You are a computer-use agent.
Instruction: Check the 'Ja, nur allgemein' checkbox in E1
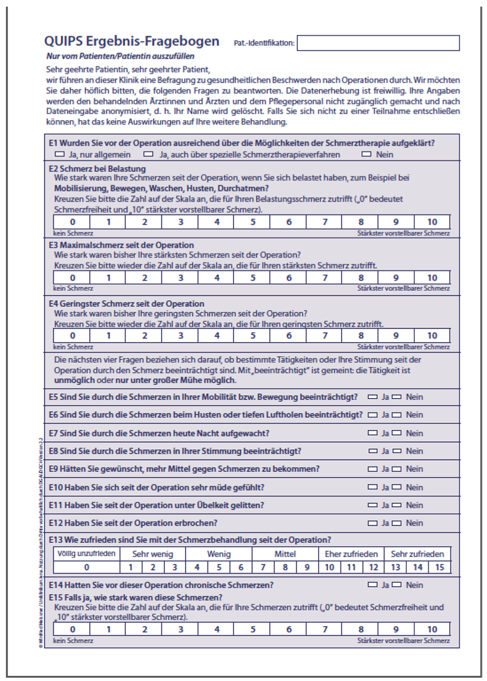[60, 153]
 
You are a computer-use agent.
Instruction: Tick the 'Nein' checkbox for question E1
[367, 153]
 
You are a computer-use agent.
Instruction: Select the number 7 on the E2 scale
[325, 222]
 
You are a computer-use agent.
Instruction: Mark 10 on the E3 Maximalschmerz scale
[432, 278]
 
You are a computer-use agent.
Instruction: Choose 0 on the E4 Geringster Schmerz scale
[72, 335]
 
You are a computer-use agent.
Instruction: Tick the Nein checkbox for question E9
[398, 469]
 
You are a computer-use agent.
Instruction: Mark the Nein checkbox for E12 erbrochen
[398, 523]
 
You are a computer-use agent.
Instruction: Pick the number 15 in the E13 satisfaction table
[440, 566]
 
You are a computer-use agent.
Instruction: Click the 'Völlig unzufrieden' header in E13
[86, 553]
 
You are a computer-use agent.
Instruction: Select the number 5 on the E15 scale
[253, 630]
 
